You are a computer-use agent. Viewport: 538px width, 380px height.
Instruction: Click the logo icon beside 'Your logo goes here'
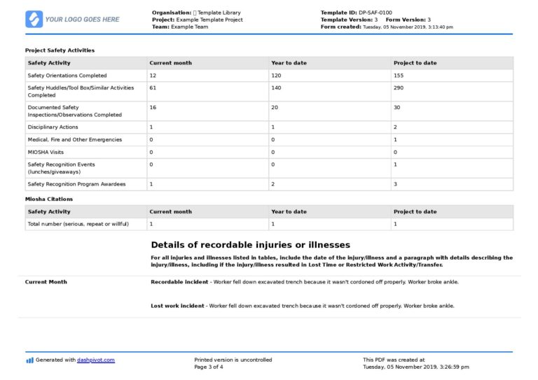click(34, 19)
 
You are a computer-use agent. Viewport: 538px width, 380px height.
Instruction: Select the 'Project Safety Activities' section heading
click(60, 50)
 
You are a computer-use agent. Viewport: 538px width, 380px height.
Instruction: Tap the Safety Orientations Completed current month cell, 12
click(153, 76)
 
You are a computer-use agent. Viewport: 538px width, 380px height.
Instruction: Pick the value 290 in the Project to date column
click(398, 88)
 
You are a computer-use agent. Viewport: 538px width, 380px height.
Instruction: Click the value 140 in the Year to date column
click(276, 88)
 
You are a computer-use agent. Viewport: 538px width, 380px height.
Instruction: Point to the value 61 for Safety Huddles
click(153, 88)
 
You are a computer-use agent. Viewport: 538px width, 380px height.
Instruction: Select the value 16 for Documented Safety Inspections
click(153, 108)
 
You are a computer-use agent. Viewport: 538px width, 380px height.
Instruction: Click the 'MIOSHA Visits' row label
click(46, 152)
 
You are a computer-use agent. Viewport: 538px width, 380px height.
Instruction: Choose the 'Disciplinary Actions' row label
click(53, 127)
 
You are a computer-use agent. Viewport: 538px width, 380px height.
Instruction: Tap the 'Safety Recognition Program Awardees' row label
click(76, 184)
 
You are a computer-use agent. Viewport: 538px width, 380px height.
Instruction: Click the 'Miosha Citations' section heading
click(49, 199)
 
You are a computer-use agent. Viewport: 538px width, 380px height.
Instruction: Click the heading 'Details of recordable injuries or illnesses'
click(250, 245)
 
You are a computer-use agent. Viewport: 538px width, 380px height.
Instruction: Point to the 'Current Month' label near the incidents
click(46, 282)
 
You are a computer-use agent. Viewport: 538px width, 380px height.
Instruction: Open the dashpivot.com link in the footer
click(96, 360)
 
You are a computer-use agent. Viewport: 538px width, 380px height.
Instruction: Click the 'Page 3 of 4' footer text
click(209, 367)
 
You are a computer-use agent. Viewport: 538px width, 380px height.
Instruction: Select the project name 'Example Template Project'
click(209, 20)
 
